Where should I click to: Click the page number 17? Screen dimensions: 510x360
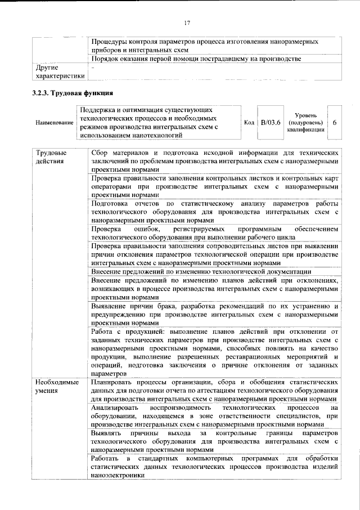coord(187,23)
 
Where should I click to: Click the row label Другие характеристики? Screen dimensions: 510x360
coord(59,71)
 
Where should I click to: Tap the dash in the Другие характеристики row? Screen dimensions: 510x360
coord(93,67)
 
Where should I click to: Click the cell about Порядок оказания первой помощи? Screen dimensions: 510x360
coord(196,59)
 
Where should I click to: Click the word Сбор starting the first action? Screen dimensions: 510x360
coord(100,153)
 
